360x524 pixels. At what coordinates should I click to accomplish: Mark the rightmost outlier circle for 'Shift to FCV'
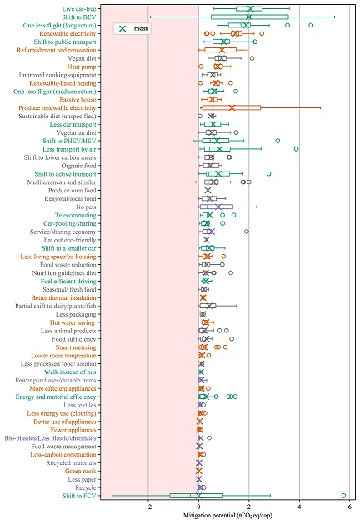coord(343,496)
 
